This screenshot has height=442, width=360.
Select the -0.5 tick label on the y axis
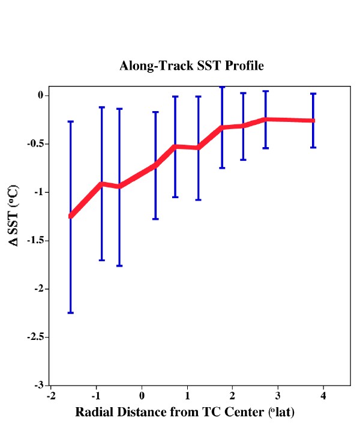(35, 144)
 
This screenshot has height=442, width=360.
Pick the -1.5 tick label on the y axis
(35, 241)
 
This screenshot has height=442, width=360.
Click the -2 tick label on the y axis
(39, 289)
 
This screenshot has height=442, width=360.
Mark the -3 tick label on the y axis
(39, 386)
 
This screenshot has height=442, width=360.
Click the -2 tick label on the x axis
(50, 396)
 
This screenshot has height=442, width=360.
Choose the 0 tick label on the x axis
(142, 396)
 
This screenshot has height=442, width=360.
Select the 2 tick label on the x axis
(233, 396)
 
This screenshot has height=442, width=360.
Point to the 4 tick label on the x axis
(323, 396)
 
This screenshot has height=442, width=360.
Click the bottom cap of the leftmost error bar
(71, 313)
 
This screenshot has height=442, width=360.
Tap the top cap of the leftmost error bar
(71, 121)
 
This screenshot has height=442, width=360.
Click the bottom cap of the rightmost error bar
(313, 147)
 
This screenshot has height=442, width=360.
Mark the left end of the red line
(71, 216)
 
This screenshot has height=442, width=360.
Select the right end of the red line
(313, 121)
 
